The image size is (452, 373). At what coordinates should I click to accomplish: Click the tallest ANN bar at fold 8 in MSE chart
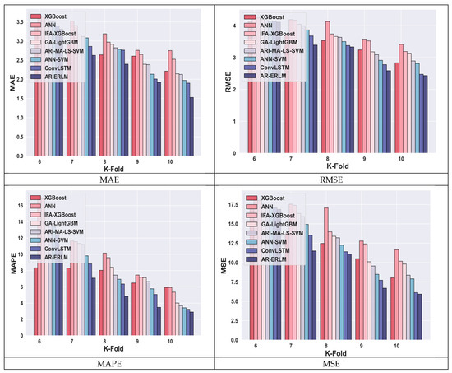pyautogui.click(x=326, y=272)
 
